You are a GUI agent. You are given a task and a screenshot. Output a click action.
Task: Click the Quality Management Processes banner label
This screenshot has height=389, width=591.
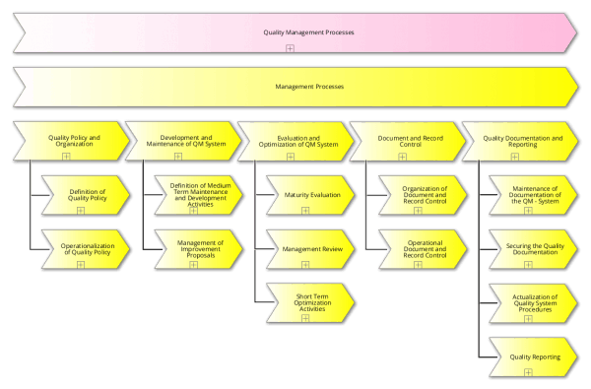(295, 32)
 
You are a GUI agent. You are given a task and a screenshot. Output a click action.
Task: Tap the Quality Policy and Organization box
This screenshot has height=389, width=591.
(70, 141)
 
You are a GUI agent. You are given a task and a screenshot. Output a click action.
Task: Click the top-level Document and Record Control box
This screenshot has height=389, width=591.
(404, 141)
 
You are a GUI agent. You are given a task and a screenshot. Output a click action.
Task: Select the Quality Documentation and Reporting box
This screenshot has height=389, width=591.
(521, 141)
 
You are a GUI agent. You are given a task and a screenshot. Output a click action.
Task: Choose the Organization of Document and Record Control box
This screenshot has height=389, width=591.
(425, 195)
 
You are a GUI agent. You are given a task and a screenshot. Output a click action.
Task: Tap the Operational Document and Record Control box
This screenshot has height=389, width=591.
(425, 249)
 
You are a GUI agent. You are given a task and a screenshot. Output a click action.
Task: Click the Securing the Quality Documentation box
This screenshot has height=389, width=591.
(535, 249)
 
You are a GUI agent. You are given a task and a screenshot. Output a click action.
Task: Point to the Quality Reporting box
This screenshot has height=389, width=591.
(535, 357)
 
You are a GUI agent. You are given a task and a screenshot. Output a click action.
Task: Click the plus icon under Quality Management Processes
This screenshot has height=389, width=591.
(290, 47)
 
